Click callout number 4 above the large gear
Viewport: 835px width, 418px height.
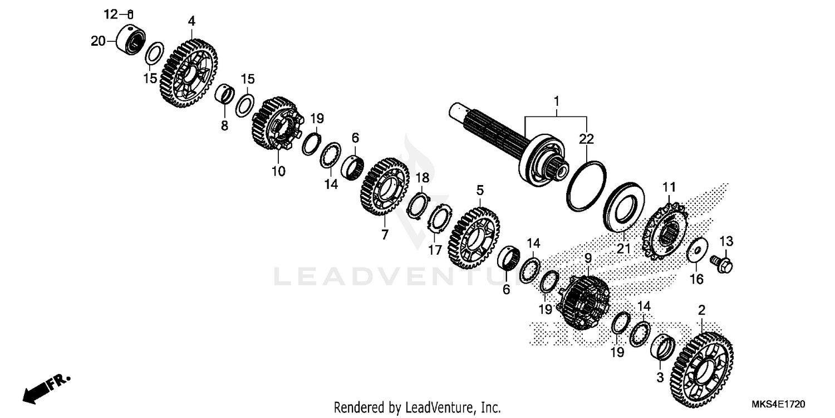click(191, 22)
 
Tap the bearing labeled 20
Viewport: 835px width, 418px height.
click(131, 41)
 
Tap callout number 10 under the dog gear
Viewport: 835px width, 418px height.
click(278, 171)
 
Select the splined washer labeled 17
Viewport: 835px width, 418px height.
click(438, 220)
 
